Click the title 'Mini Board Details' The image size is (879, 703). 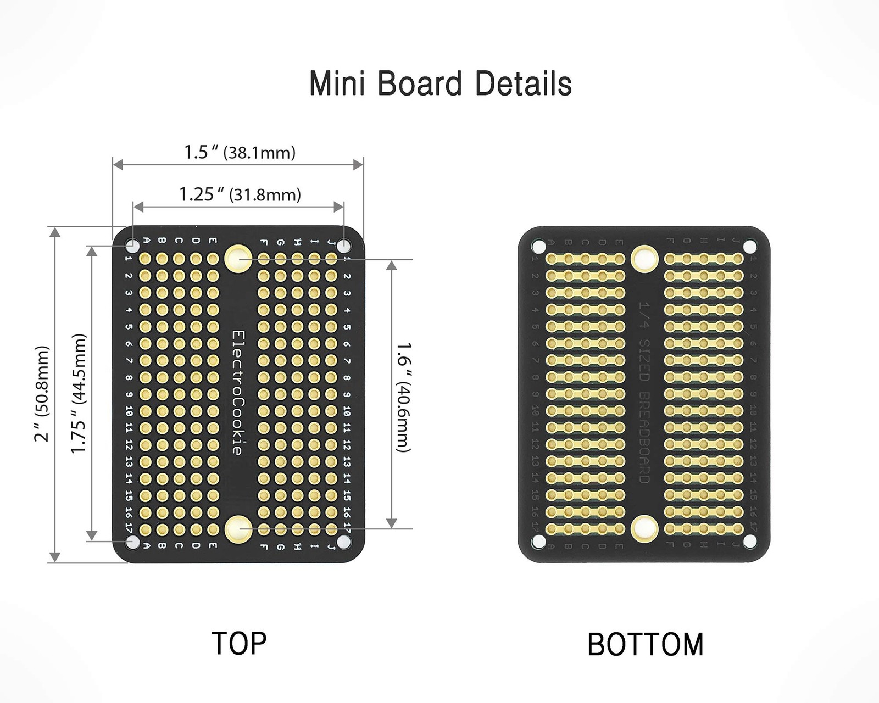441,84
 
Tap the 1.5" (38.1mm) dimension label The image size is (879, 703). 240,152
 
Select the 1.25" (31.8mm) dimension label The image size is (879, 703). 240,194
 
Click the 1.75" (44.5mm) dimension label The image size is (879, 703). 79,393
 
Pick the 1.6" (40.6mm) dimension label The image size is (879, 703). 404,397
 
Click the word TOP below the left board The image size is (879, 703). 239,643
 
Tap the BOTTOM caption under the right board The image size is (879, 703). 645,645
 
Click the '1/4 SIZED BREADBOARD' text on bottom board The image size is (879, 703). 644,392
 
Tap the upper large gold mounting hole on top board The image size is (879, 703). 238,257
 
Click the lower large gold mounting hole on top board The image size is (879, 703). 238,528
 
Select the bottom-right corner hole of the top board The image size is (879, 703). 343,542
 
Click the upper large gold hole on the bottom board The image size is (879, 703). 644,258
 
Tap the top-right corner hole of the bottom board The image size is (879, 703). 749,246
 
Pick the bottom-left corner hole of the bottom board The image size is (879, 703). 539,542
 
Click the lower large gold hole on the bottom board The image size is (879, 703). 644,528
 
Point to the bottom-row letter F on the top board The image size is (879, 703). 264,546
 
